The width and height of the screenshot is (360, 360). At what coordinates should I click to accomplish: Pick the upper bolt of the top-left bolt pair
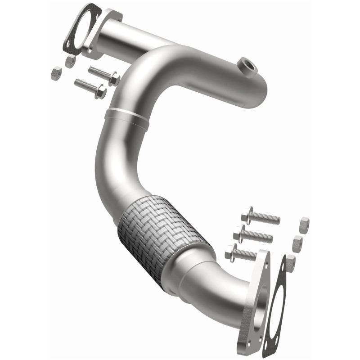[103, 75]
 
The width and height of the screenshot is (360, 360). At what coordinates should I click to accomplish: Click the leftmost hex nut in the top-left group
[56, 73]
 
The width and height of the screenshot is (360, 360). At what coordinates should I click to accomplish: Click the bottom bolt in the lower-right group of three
[243, 253]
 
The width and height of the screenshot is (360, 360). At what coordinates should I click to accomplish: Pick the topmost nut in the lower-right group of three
[304, 225]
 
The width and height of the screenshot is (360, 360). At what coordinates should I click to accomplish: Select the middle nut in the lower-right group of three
[297, 243]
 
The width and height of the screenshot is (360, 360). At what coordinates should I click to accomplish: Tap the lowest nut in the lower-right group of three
[290, 262]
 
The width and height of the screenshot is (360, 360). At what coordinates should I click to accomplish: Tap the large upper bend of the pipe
[135, 76]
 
